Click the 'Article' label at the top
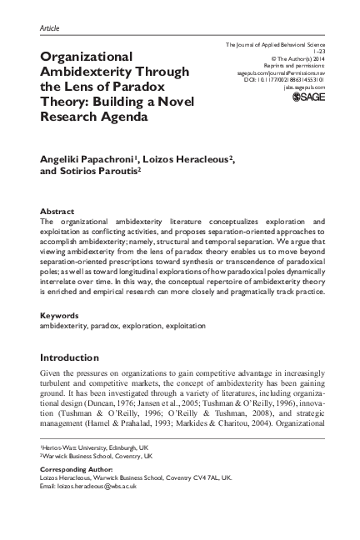click(x=51, y=27)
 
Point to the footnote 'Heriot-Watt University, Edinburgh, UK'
click(x=96, y=448)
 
